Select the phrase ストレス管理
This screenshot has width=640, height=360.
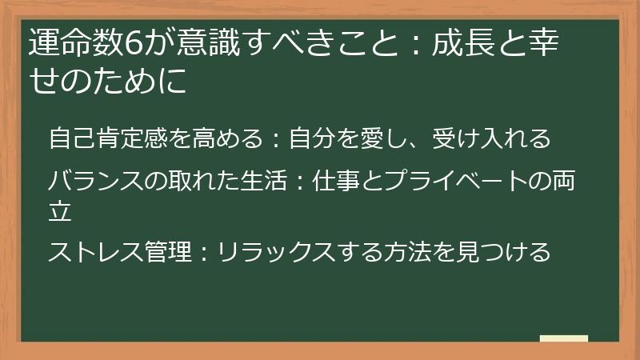pos(120,253)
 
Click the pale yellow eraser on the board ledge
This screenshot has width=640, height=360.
pos(563,339)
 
